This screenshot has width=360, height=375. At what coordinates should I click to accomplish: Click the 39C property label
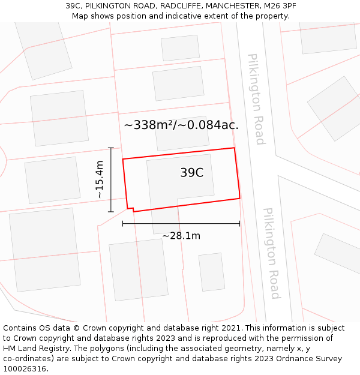coord(192,173)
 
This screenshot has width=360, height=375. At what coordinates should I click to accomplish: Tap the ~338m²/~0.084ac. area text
coord(181,125)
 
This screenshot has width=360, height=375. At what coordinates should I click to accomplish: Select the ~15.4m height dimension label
coord(100,179)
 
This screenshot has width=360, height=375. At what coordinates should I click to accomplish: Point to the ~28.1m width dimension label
coord(181,236)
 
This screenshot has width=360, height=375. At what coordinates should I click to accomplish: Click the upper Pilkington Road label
coord(256,99)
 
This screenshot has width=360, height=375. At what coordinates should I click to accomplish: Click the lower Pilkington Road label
coord(272,253)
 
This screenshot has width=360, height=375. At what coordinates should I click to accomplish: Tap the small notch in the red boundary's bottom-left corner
coord(130,209)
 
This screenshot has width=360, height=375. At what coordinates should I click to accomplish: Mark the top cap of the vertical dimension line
coord(111,148)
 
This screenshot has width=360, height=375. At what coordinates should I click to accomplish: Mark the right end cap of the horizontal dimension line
coord(239,223)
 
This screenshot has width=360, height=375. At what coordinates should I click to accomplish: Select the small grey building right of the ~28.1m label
coord(211,272)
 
